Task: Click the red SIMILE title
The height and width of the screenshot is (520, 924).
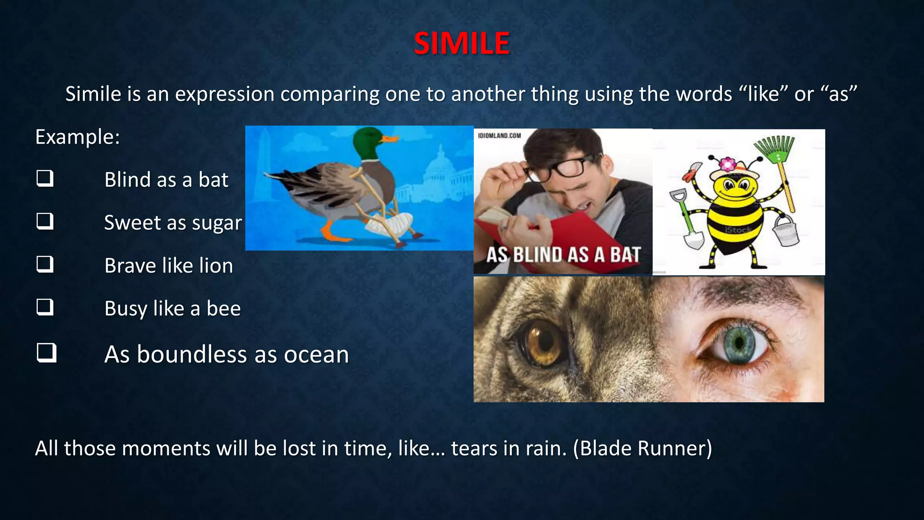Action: point(462,44)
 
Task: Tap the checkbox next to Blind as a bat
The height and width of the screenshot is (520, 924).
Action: point(45,178)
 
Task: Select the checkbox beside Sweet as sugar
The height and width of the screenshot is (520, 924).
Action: point(45,221)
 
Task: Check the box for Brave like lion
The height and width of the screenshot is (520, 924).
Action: point(45,264)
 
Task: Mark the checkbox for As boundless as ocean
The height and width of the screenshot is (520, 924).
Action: point(46,353)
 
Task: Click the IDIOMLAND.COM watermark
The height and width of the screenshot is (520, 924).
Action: point(499,135)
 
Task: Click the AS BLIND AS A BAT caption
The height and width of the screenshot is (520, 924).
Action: point(563,255)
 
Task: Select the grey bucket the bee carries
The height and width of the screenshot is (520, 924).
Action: point(785,230)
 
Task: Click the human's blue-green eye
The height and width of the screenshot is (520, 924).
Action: point(739,343)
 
